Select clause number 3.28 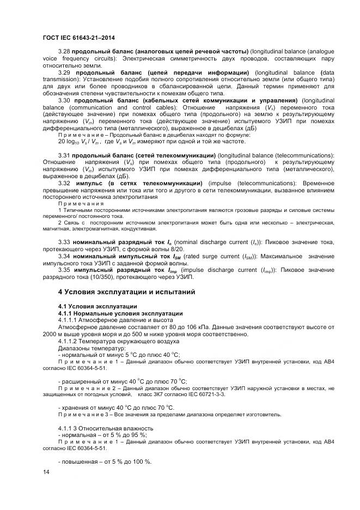pyautogui.click(x=64, y=51)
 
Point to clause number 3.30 pyautogui.click(x=64, y=100)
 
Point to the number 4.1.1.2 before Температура pyautogui.click(x=68, y=341)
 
